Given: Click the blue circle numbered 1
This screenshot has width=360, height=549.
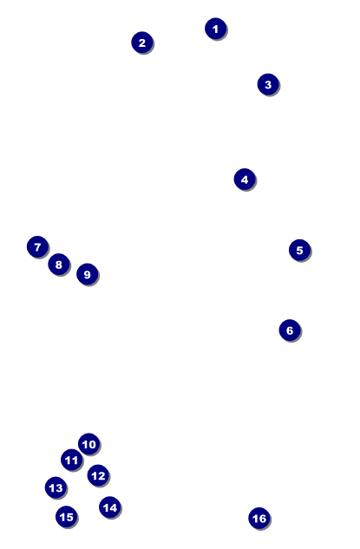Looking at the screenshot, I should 216,29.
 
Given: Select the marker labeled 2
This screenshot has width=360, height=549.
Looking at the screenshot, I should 142,42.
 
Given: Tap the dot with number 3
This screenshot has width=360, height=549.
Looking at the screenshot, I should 268,84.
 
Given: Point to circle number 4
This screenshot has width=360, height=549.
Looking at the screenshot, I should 245,180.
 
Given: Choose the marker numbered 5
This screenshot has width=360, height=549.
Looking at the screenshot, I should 299,251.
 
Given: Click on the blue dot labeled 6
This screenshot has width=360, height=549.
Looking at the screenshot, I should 290,330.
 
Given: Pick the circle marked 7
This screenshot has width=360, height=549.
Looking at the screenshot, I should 37,247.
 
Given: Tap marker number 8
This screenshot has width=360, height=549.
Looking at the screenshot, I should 59,265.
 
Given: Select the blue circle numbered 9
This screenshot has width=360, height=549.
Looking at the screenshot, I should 87,275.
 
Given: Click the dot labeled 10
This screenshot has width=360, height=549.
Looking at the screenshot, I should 88,445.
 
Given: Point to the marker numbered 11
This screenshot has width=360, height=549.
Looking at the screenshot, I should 72,461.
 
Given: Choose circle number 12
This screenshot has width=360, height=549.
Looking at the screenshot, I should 98,475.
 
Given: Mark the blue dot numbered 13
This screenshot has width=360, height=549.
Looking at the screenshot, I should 56,488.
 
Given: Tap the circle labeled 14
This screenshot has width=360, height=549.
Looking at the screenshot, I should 109,507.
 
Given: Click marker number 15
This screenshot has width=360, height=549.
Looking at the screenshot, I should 66,517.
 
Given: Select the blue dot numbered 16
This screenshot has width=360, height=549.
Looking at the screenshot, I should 259,519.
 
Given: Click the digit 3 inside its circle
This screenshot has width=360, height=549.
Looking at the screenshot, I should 268,84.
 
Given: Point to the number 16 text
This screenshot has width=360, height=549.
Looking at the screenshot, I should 259,519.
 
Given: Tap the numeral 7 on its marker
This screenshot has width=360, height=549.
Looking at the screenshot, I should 37,247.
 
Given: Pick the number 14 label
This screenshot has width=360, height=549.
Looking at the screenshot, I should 109,507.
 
